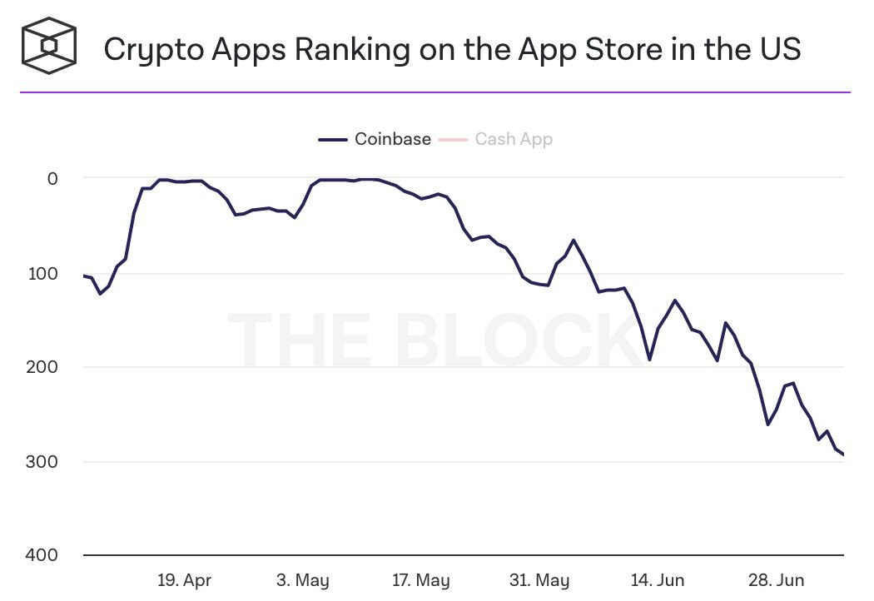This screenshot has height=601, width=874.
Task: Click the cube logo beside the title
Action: (x=49, y=46)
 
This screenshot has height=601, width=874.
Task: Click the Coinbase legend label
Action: (x=393, y=139)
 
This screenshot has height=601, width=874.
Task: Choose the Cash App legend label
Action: (x=514, y=139)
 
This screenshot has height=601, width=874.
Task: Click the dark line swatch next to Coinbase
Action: (x=332, y=140)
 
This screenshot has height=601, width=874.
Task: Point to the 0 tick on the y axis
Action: (x=52, y=178)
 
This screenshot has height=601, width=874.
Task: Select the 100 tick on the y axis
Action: (x=42, y=273)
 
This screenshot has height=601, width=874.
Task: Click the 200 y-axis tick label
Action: (x=42, y=367)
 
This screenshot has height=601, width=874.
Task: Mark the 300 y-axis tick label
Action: (x=42, y=462)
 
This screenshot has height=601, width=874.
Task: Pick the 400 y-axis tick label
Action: (x=42, y=555)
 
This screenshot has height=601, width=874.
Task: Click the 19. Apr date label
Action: (x=184, y=580)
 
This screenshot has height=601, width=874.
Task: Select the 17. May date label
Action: (x=420, y=580)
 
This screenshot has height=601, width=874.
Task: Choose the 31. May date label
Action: (x=540, y=580)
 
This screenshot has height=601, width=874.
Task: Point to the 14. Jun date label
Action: (x=658, y=580)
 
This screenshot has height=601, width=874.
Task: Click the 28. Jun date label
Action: (x=777, y=580)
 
